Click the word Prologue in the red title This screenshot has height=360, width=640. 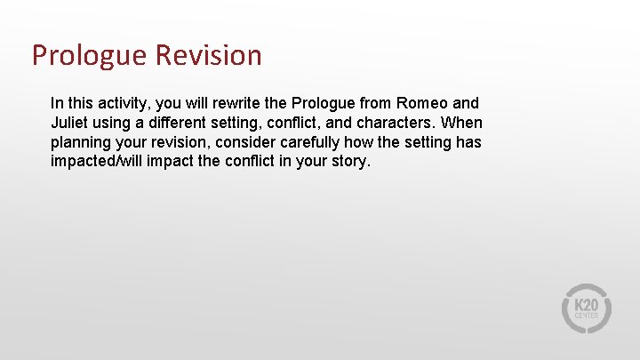tap(89, 56)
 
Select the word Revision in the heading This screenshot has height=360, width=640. tap(208, 56)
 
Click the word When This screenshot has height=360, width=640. tap(462, 123)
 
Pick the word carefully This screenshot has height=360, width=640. tap(290, 142)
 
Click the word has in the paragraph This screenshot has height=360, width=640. tap(468, 142)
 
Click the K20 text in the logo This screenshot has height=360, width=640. tap(587, 303)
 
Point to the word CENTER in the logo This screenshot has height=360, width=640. tap(587, 316)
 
